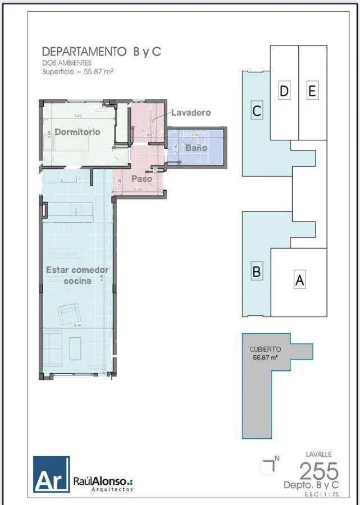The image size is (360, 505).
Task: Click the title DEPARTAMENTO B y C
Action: coord(102,52)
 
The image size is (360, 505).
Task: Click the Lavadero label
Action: coord(191,112)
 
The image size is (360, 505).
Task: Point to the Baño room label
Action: coord(197,148)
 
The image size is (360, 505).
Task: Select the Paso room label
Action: coord(142,178)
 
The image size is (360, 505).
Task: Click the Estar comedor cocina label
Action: coord(77,275)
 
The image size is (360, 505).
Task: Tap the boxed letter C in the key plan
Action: coord(257,111)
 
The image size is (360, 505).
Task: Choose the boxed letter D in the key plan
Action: coord(285,91)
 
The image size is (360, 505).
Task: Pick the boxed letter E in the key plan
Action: coord(312,91)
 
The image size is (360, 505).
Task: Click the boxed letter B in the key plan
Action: coord(257,272)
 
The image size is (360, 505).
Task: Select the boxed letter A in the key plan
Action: coord(300,280)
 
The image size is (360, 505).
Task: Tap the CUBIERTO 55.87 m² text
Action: coord(265,353)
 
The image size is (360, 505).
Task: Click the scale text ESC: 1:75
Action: coord(322,494)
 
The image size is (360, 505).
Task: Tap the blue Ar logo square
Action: coord(51,474)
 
